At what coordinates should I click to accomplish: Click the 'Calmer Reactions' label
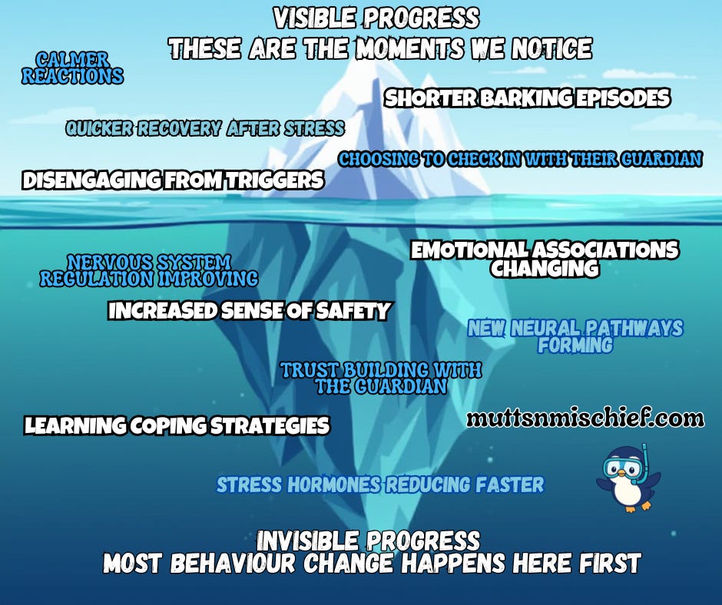[x=72, y=68]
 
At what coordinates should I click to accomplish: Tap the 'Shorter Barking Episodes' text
[x=527, y=98]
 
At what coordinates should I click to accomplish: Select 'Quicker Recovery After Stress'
[x=204, y=128]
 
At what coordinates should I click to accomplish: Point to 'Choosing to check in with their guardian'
[x=520, y=159]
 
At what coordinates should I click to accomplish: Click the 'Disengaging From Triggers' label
[x=173, y=180]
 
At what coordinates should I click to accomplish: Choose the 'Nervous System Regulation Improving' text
[x=149, y=270]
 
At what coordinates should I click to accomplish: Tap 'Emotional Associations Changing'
[x=545, y=259]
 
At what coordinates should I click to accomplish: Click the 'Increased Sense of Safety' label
[x=249, y=311]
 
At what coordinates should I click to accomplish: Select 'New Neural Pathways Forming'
[x=575, y=336]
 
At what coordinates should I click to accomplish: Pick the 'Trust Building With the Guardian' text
[x=381, y=379]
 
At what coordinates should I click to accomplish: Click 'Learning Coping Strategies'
[x=177, y=425]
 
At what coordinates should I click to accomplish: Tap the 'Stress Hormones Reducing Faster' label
[x=380, y=484]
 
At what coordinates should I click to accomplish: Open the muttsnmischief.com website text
[x=585, y=418]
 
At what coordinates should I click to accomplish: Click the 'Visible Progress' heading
[x=376, y=18]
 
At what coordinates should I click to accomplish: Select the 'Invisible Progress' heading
[x=369, y=540]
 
